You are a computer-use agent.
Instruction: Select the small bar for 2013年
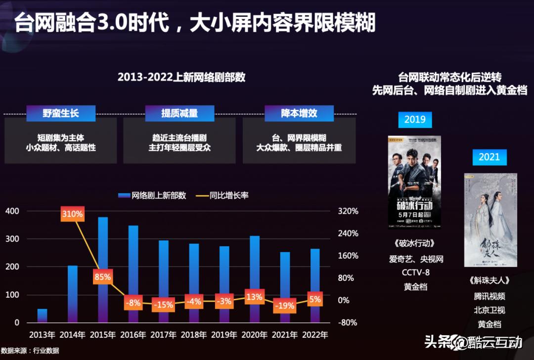click(43, 315)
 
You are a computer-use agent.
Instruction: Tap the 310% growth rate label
click(73, 215)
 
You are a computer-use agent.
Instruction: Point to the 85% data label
click(102, 277)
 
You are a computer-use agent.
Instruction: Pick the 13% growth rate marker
click(254, 297)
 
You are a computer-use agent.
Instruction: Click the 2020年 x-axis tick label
click(254, 335)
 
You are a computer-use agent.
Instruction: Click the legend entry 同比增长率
click(222, 195)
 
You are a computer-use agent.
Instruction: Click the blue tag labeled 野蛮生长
click(60, 113)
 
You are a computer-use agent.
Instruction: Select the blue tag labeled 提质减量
click(179, 113)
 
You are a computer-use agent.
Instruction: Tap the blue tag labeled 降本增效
click(299, 113)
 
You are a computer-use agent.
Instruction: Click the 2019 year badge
click(415, 120)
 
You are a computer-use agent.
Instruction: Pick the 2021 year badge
click(489, 157)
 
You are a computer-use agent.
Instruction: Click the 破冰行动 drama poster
click(414, 182)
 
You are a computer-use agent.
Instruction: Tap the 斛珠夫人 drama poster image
click(490, 220)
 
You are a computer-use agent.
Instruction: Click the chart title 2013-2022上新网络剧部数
click(181, 78)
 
